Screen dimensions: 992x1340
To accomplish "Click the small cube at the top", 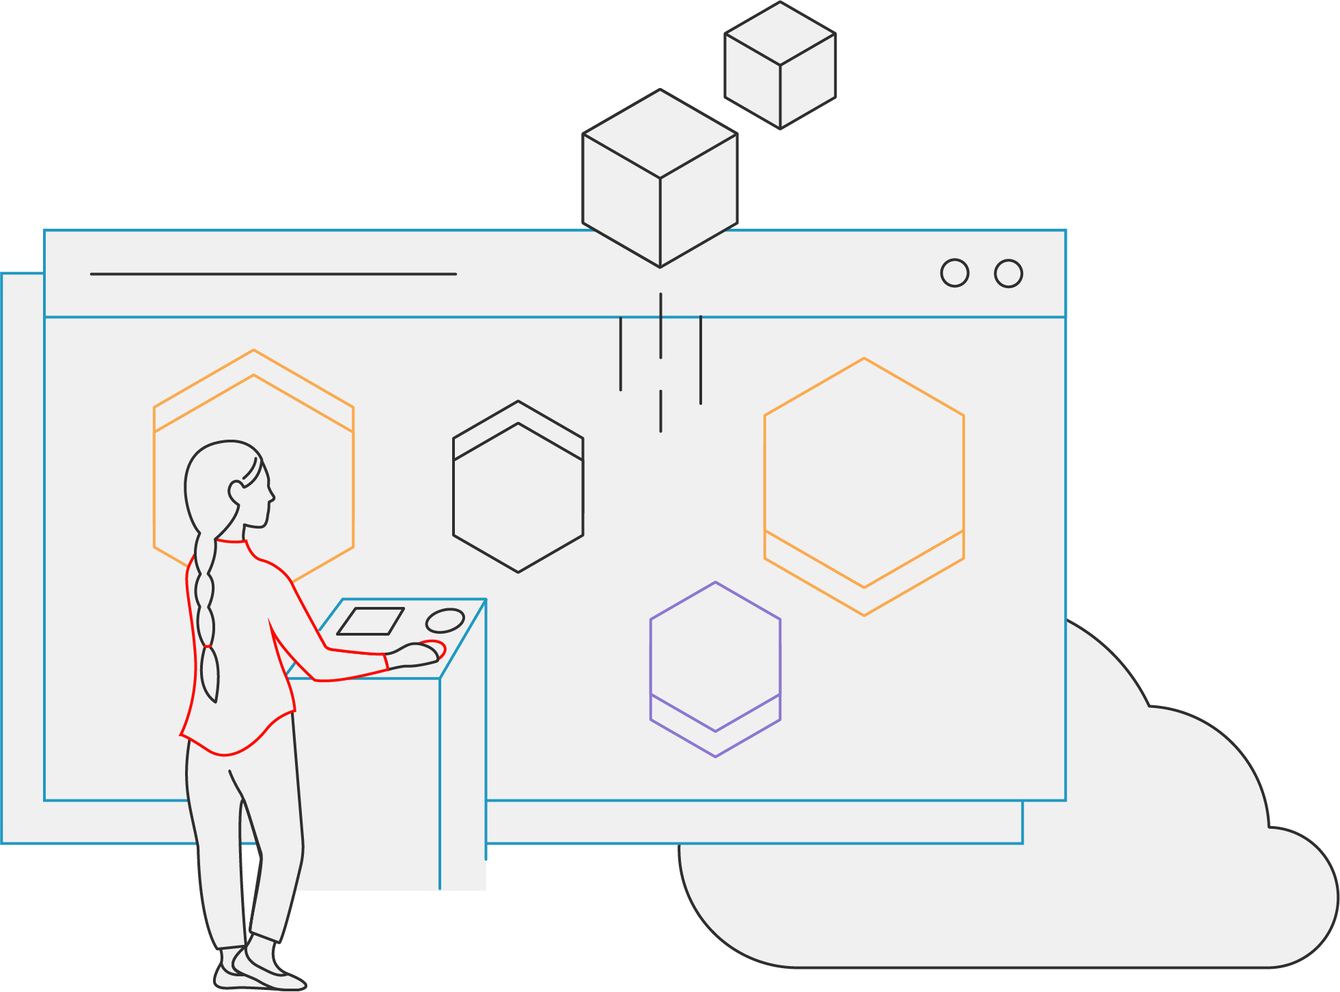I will click(x=780, y=65).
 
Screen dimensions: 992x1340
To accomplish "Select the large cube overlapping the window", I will click(x=660, y=178).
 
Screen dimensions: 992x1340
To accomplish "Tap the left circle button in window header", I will click(x=954, y=273).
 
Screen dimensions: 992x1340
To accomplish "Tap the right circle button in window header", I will click(x=1008, y=273).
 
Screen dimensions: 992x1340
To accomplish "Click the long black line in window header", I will click(x=273, y=274).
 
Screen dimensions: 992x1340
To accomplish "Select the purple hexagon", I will click(x=715, y=669).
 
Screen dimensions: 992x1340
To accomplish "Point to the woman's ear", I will click(x=236, y=492).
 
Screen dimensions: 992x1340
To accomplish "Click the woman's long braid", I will click(x=206, y=614).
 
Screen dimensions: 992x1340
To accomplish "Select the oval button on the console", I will click(x=445, y=621).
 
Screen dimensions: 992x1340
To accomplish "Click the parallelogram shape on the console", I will click(x=371, y=621).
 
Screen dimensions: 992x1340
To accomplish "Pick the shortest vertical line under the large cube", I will click(x=660, y=411).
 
